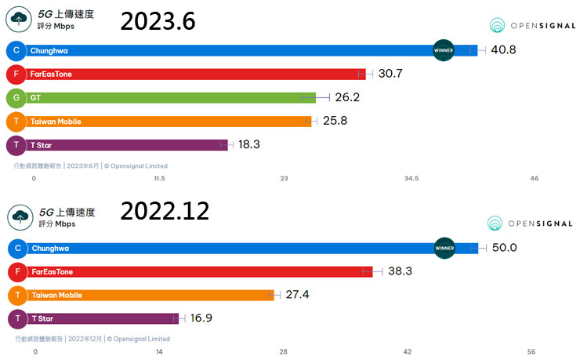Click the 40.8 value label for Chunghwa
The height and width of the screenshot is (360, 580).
pyautogui.click(x=503, y=50)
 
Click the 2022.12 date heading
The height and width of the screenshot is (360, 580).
pyautogui.click(x=165, y=211)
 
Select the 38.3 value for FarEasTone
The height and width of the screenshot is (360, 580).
pyautogui.click(x=400, y=271)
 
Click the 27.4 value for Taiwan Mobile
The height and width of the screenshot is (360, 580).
pyautogui.click(x=299, y=295)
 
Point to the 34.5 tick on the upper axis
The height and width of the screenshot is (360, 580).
pyautogui.click(x=411, y=179)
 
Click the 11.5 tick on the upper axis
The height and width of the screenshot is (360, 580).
pyautogui.click(x=159, y=179)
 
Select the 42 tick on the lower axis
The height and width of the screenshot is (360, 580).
pyautogui.click(x=407, y=352)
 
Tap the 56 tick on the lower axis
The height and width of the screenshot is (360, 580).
pyautogui.click(x=531, y=352)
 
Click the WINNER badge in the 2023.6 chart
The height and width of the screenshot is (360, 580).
pyautogui.click(x=444, y=50)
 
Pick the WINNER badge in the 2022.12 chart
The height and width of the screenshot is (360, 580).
pyautogui.click(x=444, y=248)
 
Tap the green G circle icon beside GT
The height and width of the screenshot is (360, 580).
pyautogui.click(x=15, y=98)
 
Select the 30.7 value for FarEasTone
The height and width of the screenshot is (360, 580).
pyautogui.click(x=390, y=74)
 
